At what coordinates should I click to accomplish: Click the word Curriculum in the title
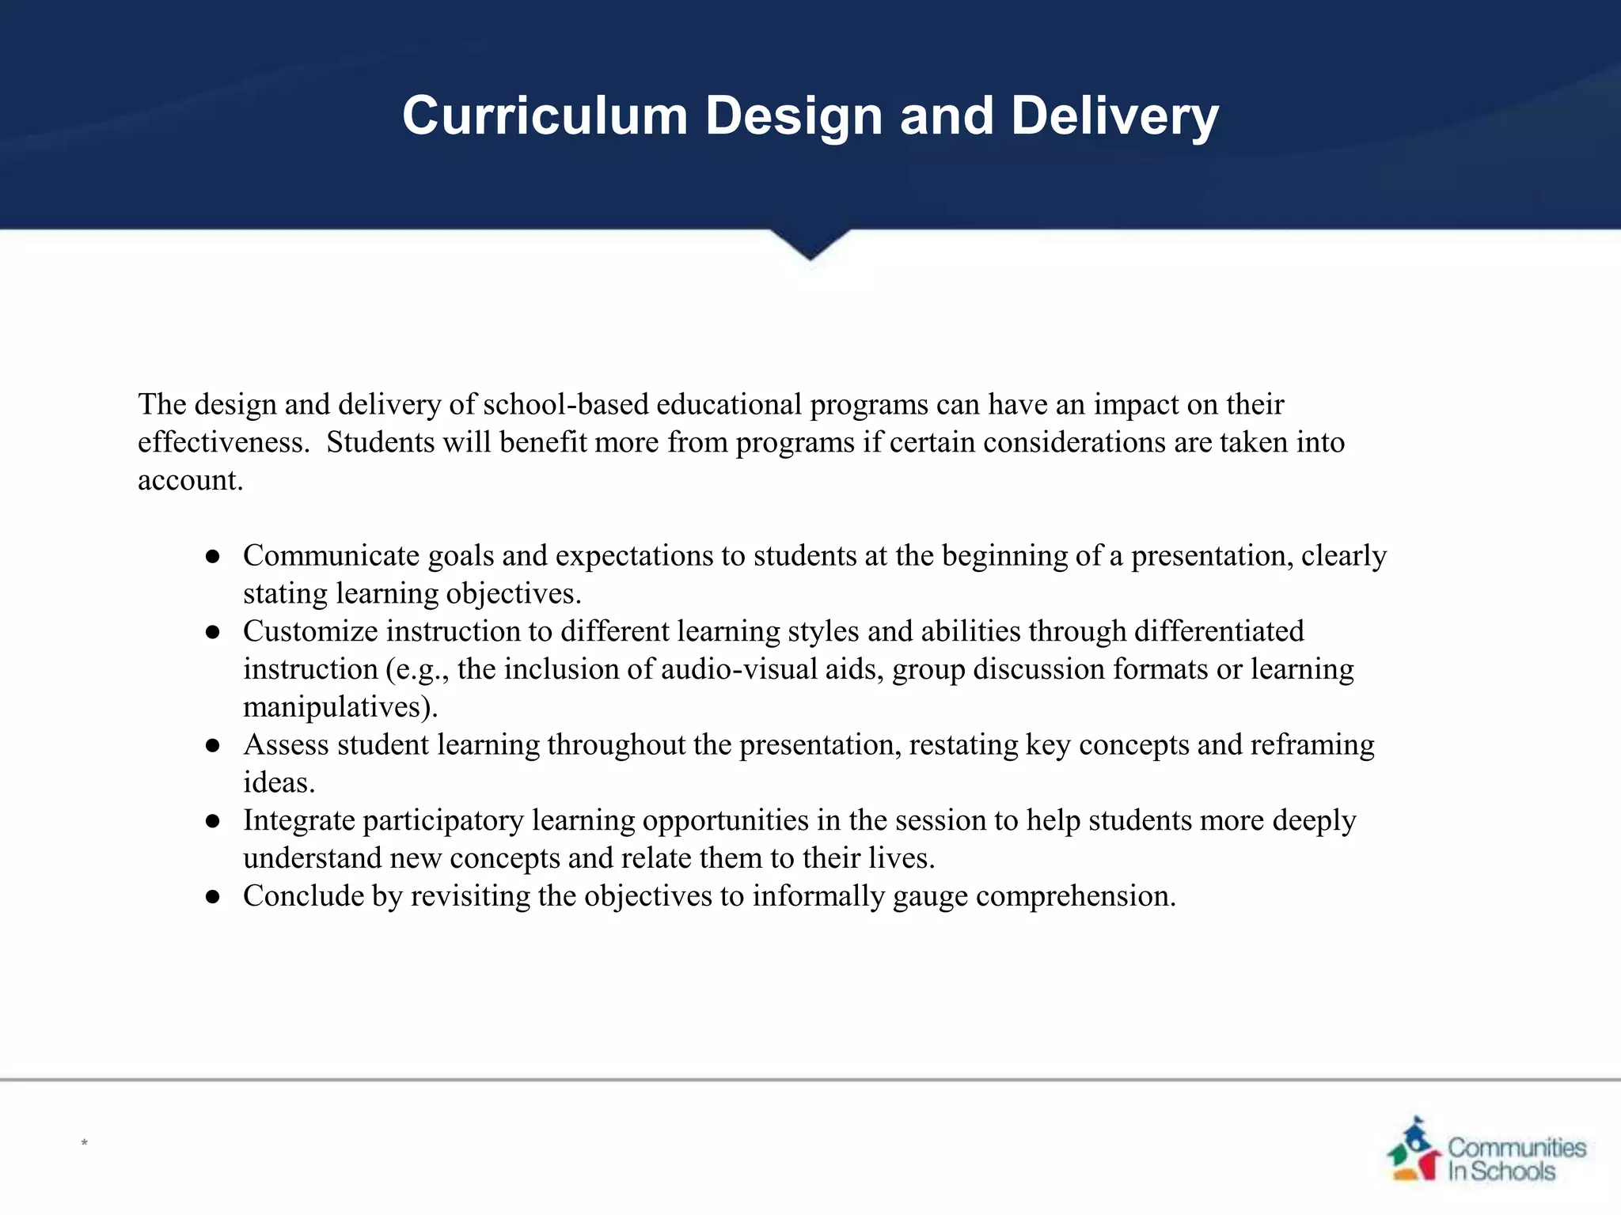pos(545,116)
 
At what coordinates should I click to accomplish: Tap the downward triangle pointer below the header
pos(810,244)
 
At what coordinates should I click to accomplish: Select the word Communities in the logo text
pos(1517,1147)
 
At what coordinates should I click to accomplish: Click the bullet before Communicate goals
pos(212,557)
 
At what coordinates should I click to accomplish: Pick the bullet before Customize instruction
pos(212,632)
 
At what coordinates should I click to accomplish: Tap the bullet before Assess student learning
pos(212,746)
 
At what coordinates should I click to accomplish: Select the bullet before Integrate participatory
pos(212,821)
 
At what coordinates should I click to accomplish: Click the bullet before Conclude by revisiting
pos(212,897)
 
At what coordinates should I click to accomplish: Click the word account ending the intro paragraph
pos(189,480)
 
